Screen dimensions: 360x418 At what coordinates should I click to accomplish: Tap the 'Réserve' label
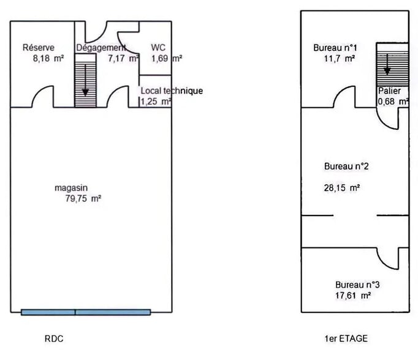coord(39,48)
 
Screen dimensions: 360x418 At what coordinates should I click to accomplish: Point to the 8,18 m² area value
coord(43,59)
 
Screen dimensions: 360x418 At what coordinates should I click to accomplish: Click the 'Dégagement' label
coord(101,48)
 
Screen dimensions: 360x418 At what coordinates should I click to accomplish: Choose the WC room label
coord(158,48)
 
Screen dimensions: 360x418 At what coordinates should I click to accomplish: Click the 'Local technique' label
coord(172,91)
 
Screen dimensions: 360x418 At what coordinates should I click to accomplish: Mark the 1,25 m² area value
coord(156,102)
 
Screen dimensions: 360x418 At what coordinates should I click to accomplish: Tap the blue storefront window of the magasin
coord(85,312)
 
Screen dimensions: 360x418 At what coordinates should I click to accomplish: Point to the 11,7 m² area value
coord(335,59)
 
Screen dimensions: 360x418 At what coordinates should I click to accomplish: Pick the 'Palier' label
coord(389,91)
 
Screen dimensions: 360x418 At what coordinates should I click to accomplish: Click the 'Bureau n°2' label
coord(346,166)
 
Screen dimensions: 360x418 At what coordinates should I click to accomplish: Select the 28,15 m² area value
coord(341,189)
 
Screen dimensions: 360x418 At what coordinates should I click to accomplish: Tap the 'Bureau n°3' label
coord(358,285)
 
